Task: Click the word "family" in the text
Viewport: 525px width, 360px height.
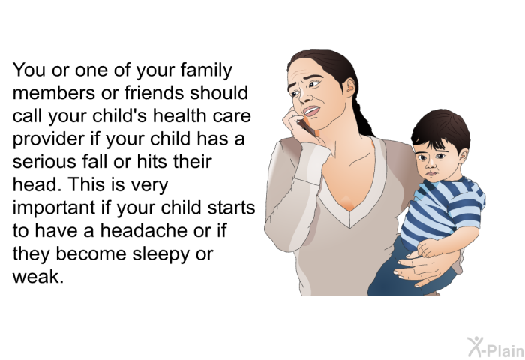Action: click(x=206, y=70)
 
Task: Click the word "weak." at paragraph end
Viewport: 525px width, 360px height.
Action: click(x=37, y=276)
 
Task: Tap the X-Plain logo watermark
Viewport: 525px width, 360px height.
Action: click(x=496, y=347)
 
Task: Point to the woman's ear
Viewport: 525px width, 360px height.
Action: click(x=350, y=87)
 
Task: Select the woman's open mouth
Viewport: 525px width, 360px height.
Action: click(x=311, y=111)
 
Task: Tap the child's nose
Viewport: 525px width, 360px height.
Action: click(x=432, y=163)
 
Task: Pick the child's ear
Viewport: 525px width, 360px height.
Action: click(x=463, y=155)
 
